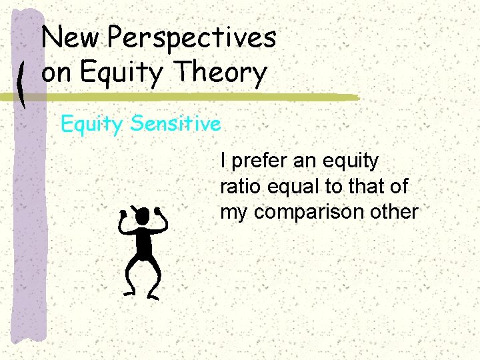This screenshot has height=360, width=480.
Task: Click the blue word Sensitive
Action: [x=176, y=124]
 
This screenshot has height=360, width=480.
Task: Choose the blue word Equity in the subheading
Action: [x=93, y=125]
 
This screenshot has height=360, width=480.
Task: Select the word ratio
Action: [x=237, y=187]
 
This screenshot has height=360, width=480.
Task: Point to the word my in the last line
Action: [x=233, y=213]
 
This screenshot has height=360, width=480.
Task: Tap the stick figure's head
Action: [x=141, y=216]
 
